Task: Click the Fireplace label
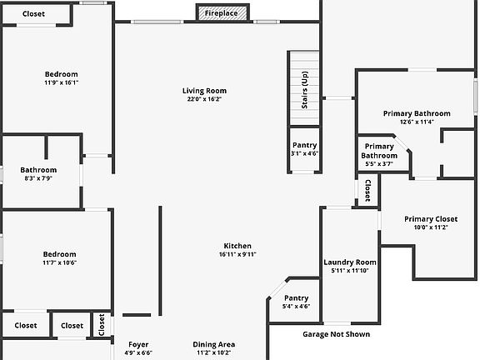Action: (x=221, y=13)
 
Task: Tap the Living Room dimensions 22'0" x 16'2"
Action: (x=204, y=99)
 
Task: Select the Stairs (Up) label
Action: (x=305, y=90)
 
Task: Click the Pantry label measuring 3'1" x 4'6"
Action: (x=305, y=145)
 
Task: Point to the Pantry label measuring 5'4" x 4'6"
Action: (x=297, y=298)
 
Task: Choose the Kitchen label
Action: (x=237, y=246)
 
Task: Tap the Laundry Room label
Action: (x=350, y=262)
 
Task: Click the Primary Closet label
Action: (x=431, y=219)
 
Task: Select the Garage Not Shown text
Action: (x=337, y=334)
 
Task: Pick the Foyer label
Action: (x=138, y=345)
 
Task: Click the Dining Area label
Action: (x=214, y=345)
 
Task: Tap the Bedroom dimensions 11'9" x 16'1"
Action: (x=62, y=82)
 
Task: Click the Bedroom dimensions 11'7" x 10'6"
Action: (x=60, y=262)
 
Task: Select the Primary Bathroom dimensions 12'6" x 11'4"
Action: (x=417, y=122)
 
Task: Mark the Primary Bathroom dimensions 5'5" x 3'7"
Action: (x=379, y=164)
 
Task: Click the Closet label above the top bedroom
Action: (x=33, y=14)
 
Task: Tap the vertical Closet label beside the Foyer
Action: (x=102, y=324)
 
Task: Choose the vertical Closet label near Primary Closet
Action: (x=367, y=190)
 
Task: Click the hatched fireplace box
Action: (x=222, y=13)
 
